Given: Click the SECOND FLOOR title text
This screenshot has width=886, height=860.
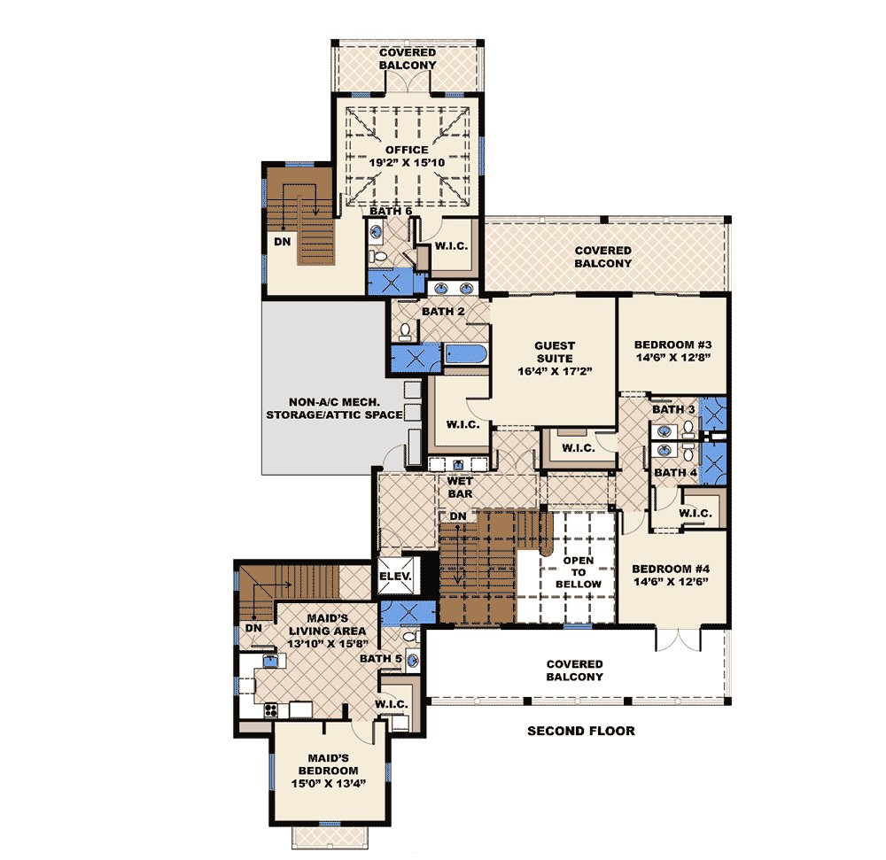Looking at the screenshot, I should click(580, 731).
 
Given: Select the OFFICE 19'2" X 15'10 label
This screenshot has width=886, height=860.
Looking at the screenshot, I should click(406, 157).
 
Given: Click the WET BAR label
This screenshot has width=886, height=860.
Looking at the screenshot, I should click(460, 486).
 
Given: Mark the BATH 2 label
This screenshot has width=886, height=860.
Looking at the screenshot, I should click(443, 312).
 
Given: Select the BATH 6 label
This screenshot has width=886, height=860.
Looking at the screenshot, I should click(391, 212).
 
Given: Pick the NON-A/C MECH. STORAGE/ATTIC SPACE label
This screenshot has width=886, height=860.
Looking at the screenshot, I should click(332, 407).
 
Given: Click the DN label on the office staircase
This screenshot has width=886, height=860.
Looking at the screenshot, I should click(282, 241).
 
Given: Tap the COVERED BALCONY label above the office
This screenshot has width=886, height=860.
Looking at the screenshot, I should click(407, 58).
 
